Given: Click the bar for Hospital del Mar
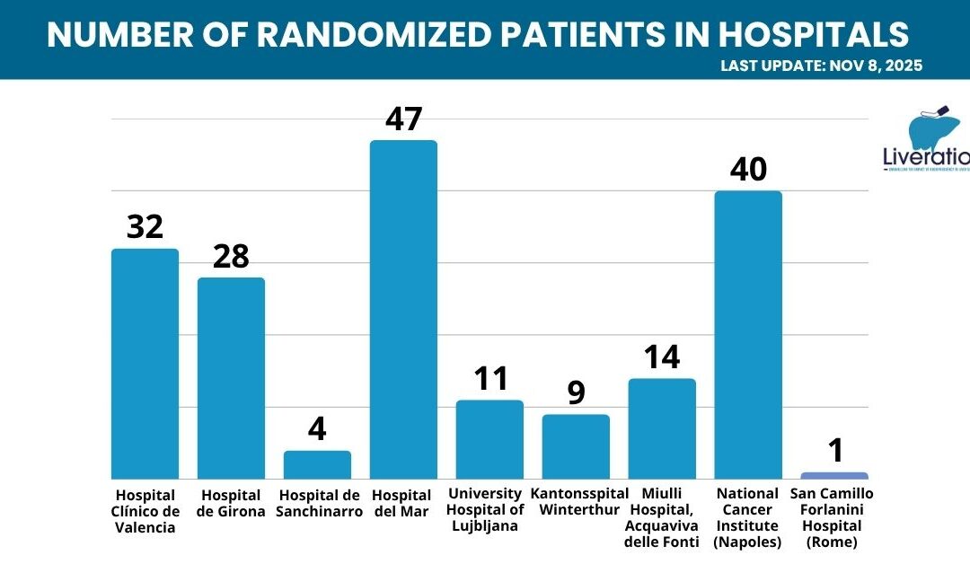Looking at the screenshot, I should click(403, 309).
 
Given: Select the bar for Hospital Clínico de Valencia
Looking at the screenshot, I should click(145, 363).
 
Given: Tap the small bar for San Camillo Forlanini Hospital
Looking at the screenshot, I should click(834, 475).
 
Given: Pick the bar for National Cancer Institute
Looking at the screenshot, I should click(748, 334).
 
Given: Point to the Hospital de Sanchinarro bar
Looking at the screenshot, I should click(317, 464).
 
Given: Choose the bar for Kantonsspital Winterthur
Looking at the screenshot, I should click(576, 446).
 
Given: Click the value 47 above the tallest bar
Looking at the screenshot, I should click(403, 119).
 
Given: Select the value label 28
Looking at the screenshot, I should click(231, 256).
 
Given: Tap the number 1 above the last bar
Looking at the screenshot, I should click(835, 451).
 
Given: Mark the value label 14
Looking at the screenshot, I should click(662, 357).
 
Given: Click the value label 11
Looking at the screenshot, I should click(489, 379).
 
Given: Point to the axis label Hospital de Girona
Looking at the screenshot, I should click(232, 503).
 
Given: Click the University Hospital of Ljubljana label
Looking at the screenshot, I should click(489, 509).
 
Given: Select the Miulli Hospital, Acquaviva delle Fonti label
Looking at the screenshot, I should click(662, 518).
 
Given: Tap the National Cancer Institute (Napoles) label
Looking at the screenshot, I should click(748, 518).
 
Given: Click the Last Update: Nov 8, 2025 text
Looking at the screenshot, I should click(821, 66).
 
